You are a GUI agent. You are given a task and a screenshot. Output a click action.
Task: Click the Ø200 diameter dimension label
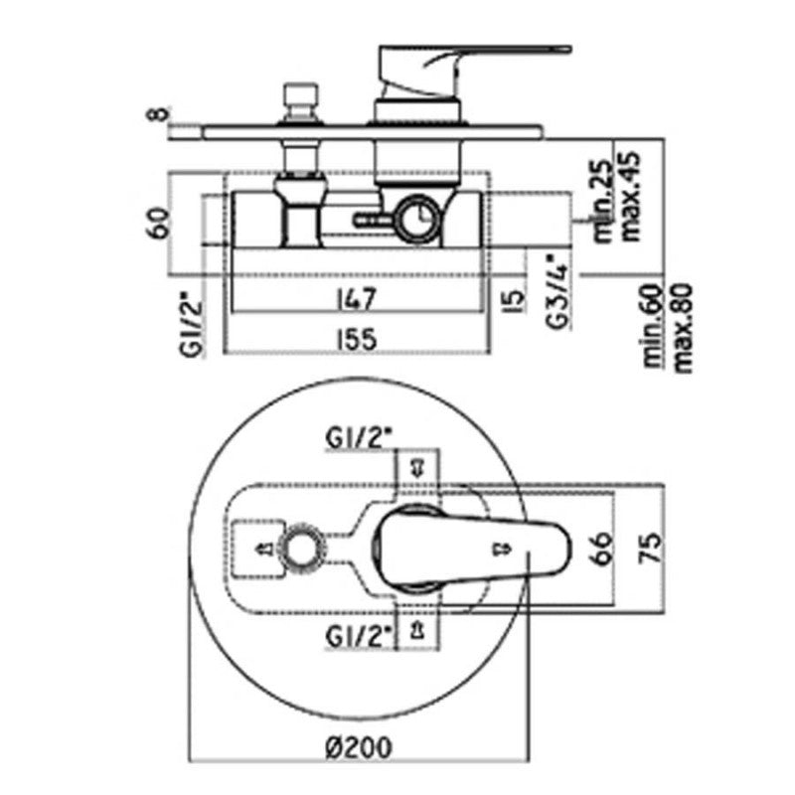pyautogui.click(x=358, y=746)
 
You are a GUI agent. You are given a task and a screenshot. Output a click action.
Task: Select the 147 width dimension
pyautogui.click(x=357, y=298)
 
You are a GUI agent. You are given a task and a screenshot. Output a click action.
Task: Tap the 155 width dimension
pyautogui.click(x=358, y=339)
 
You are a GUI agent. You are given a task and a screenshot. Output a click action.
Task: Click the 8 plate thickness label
pyautogui.click(x=159, y=113)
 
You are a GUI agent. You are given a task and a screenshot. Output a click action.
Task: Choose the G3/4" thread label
pyautogui.click(x=558, y=291)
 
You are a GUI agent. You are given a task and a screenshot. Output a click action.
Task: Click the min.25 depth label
pyautogui.click(x=603, y=202)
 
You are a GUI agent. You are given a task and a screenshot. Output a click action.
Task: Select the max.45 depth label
pyautogui.click(x=631, y=196)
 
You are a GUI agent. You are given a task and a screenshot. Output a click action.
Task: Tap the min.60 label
pyautogui.click(x=653, y=326)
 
